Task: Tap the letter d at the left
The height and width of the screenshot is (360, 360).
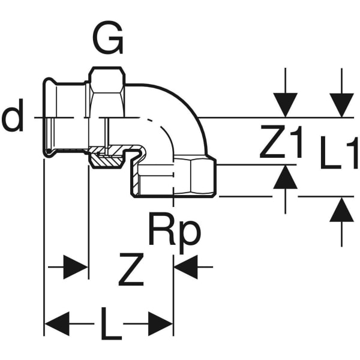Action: [x=13, y=118]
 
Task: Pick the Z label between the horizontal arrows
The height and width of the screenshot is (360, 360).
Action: [x=131, y=272]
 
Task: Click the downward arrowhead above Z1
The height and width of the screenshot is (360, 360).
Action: [x=285, y=104]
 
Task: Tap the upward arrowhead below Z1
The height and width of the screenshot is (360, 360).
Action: [x=285, y=178]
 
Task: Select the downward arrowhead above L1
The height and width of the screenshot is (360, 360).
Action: [x=342, y=104]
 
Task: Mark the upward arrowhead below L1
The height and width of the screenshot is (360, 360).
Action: [x=342, y=209]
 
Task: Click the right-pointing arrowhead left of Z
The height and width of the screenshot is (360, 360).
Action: [x=76, y=266]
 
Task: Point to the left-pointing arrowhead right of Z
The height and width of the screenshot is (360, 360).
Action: [x=186, y=266]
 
